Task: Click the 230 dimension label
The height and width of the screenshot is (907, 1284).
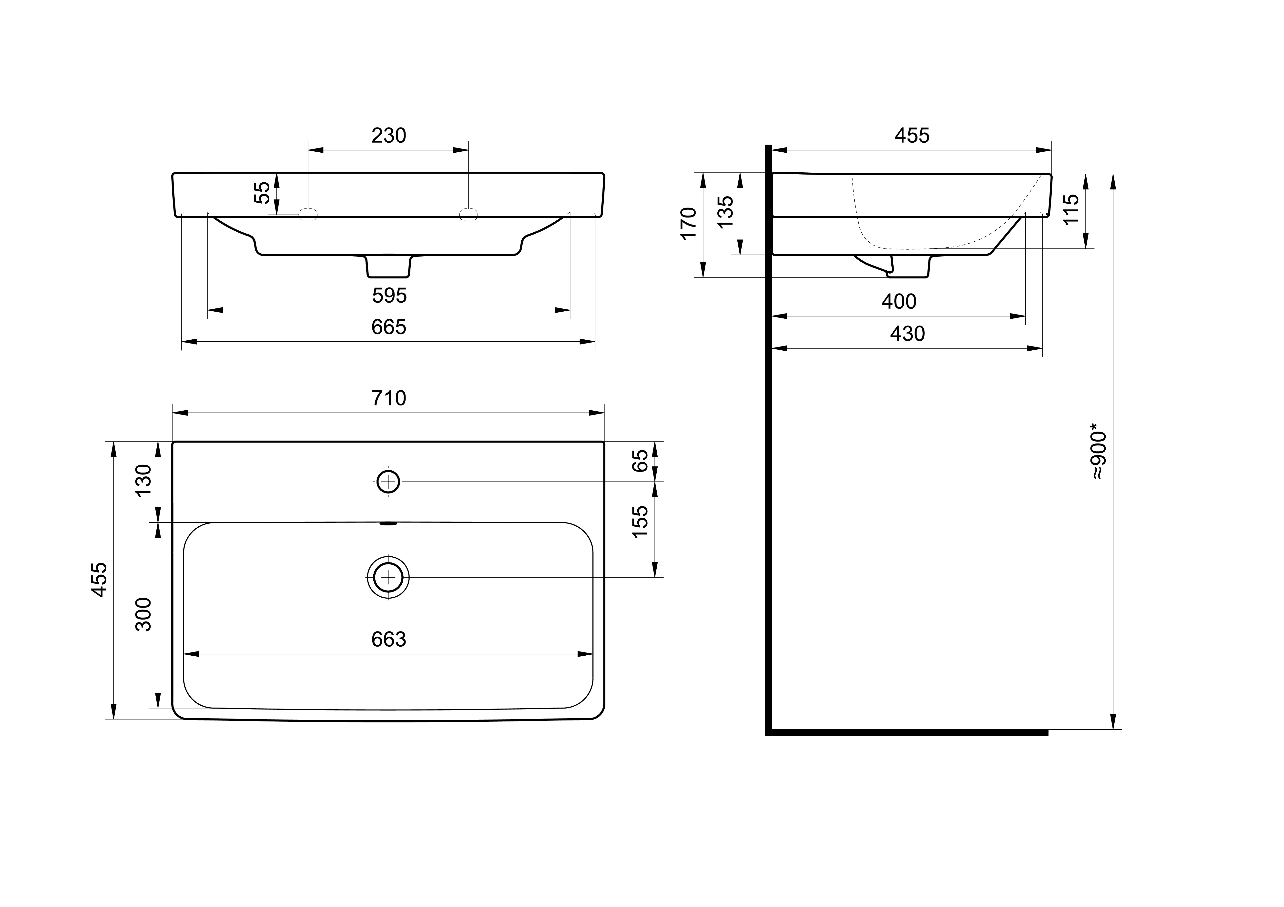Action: click(x=389, y=136)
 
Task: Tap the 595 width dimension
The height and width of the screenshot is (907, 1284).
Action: click(x=389, y=296)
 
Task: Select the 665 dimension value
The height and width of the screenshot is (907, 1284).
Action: click(x=389, y=327)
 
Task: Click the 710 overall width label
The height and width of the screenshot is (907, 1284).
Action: click(x=389, y=398)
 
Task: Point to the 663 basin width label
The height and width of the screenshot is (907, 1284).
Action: click(x=389, y=639)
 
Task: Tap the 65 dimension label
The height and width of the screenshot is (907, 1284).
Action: click(x=640, y=461)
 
